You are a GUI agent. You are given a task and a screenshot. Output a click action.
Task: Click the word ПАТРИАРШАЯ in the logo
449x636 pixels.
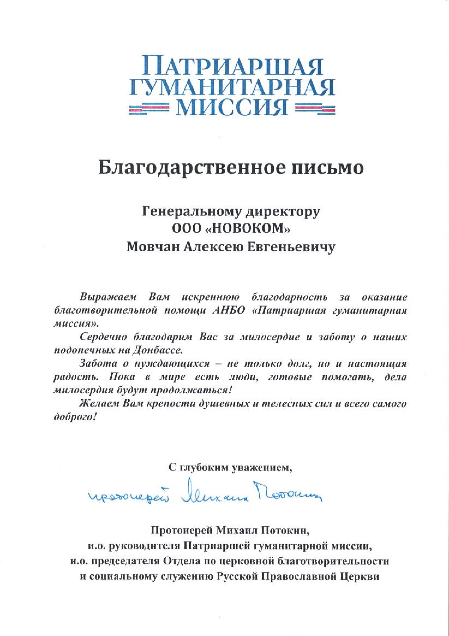(232, 65)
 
